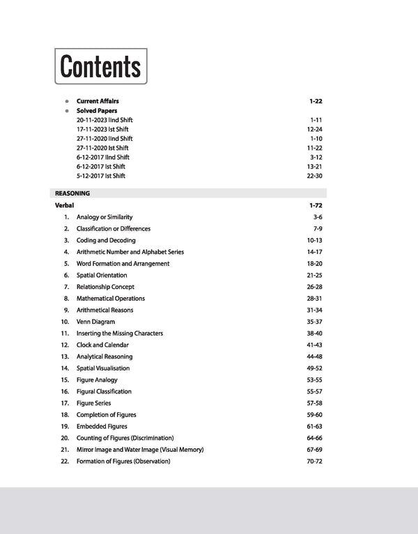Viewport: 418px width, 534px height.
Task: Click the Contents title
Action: point(100,66)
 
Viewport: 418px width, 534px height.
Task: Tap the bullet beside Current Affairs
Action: point(67,102)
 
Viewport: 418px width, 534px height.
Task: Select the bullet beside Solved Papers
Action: point(67,111)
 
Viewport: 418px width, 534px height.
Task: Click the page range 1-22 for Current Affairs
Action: point(316,102)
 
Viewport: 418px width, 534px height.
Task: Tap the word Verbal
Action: point(64,206)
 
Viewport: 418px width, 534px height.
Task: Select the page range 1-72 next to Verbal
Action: point(316,206)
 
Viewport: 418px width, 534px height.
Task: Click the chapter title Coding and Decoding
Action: point(106,240)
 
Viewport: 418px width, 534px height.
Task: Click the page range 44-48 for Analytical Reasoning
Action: point(313,356)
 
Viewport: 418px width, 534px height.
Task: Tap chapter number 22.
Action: point(64,461)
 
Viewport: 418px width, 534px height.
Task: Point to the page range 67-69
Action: point(313,449)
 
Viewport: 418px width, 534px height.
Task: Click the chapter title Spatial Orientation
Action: point(102,275)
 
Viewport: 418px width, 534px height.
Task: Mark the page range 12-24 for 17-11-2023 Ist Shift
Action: point(314,129)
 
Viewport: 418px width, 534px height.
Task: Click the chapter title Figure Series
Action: point(93,403)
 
